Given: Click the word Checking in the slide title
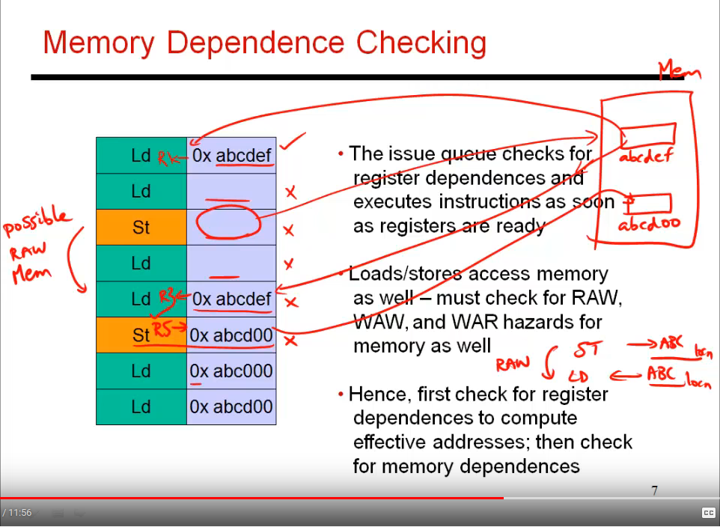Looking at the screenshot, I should [x=421, y=43].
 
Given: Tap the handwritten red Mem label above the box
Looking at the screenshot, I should [x=679, y=73].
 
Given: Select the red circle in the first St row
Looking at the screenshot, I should [x=228, y=222].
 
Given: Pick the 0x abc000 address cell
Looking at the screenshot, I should [x=231, y=371].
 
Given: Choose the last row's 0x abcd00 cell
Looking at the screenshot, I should [x=231, y=407].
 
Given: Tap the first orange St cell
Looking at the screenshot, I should [x=141, y=227].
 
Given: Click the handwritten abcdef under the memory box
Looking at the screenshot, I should [x=646, y=157].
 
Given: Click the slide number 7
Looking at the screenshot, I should [x=654, y=491].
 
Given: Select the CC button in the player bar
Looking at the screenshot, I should [x=708, y=513].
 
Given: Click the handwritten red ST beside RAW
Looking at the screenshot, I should [x=586, y=350].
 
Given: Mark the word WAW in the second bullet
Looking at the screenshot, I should [x=373, y=322].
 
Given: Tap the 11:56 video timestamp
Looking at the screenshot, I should [x=19, y=513].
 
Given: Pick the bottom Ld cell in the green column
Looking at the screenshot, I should [x=141, y=407].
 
